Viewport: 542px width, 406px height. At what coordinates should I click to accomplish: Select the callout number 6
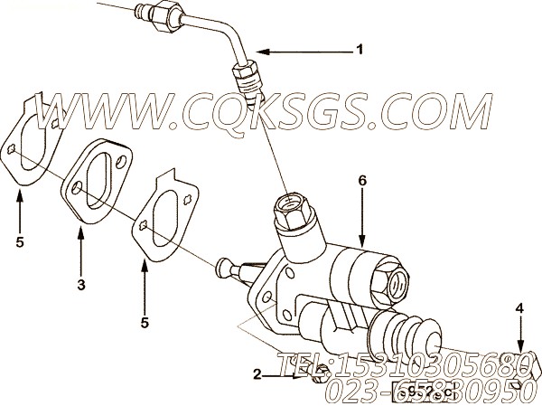click(362, 181)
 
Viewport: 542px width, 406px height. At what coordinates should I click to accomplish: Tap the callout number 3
click(80, 286)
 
